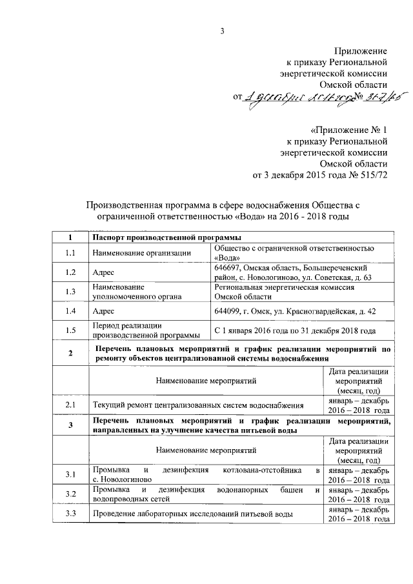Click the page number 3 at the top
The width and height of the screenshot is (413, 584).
click(x=221, y=30)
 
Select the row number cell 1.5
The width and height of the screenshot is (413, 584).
click(x=71, y=330)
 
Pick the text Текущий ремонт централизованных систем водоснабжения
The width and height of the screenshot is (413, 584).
click(x=198, y=406)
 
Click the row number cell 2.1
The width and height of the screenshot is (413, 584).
click(x=71, y=405)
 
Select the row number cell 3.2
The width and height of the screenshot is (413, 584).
click(x=71, y=494)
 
